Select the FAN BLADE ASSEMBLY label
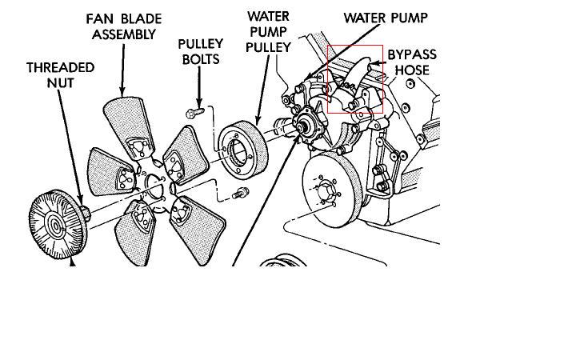point(124,26)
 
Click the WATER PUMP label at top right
point(386,18)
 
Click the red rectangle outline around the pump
point(328,80)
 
